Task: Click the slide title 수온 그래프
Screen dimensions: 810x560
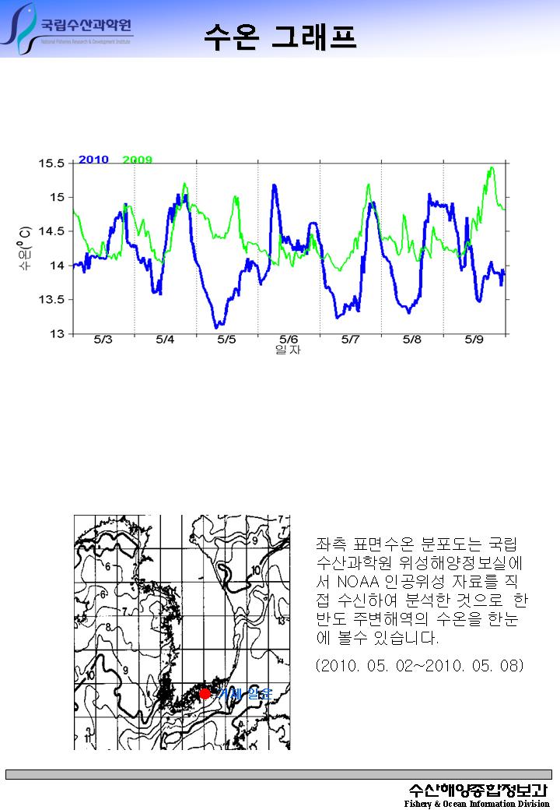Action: click(280, 36)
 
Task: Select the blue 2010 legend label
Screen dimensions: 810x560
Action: click(93, 160)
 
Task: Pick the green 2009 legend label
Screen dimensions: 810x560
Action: click(138, 160)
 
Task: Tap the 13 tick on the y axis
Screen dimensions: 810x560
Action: click(58, 334)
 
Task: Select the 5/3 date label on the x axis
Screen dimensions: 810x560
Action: click(103, 340)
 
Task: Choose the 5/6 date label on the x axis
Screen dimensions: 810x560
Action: click(289, 340)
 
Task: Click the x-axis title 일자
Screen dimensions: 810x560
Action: click(288, 350)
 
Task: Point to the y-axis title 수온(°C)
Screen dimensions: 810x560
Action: click(25, 248)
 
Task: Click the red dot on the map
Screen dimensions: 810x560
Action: click(205, 693)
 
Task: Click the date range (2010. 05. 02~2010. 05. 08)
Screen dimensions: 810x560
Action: click(419, 666)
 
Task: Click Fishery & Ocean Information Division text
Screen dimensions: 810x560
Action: click(476, 804)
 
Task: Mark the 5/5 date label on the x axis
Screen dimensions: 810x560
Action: click(226, 340)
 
